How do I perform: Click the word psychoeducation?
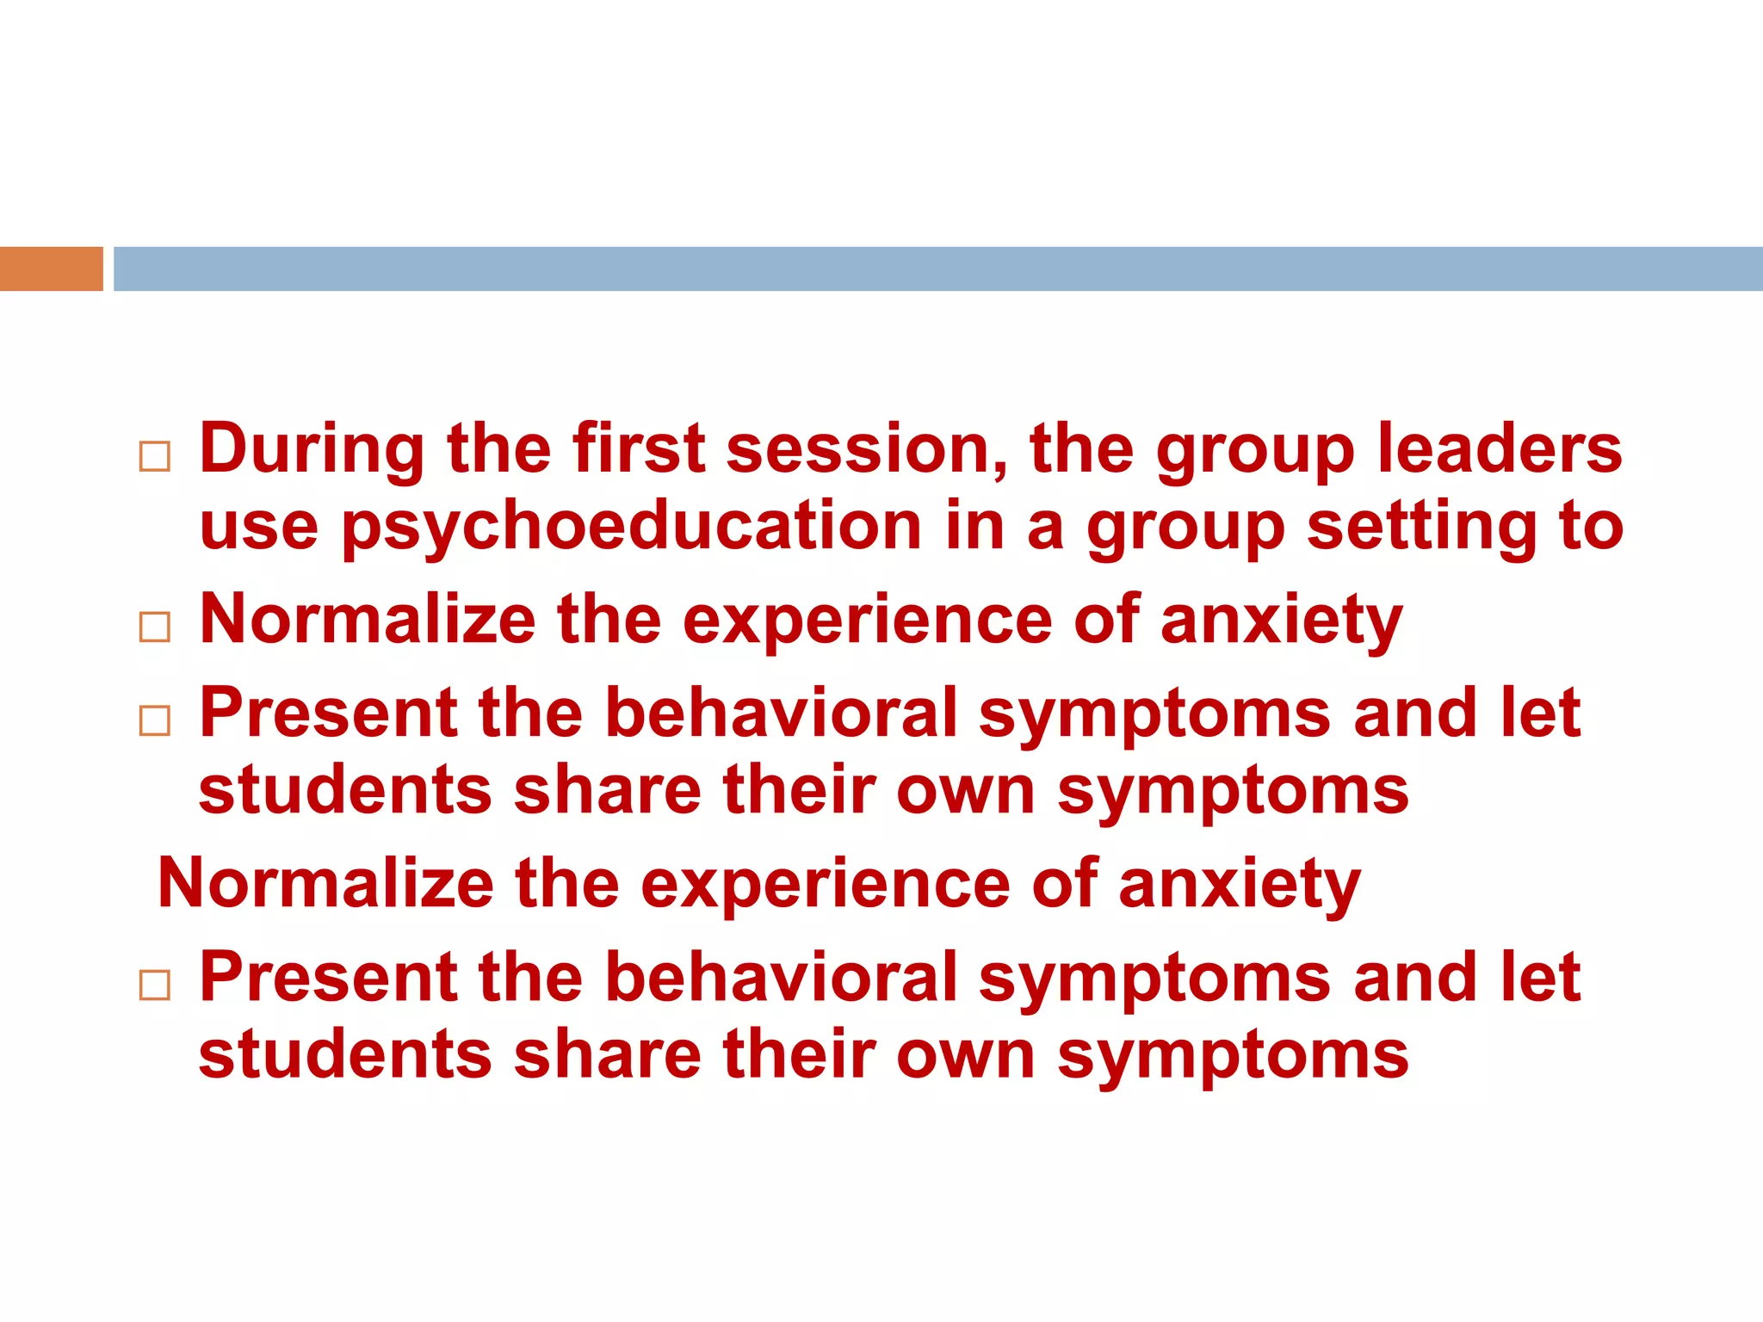click(632, 527)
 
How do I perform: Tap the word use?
click(258, 527)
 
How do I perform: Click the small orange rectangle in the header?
click(51, 269)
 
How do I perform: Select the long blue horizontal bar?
click(937, 269)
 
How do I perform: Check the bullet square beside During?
click(155, 456)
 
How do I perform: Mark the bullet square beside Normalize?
click(155, 627)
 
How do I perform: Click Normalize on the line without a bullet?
click(326, 884)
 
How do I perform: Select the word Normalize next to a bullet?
click(368, 620)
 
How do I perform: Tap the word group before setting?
click(1185, 527)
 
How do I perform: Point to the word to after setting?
click(1591, 527)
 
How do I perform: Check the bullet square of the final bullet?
click(155, 985)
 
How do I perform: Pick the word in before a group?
click(974, 527)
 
